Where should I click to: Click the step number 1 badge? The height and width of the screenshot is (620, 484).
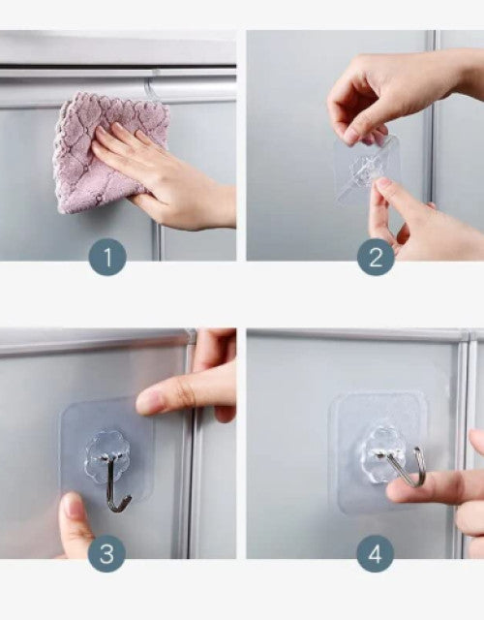click(x=107, y=257)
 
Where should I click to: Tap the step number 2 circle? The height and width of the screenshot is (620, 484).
click(x=376, y=257)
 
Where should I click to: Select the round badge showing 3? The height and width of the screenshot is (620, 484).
click(x=106, y=553)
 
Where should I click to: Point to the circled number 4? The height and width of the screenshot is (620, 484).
click(x=375, y=553)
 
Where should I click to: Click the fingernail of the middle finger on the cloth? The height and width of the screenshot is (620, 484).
click(x=118, y=128)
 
